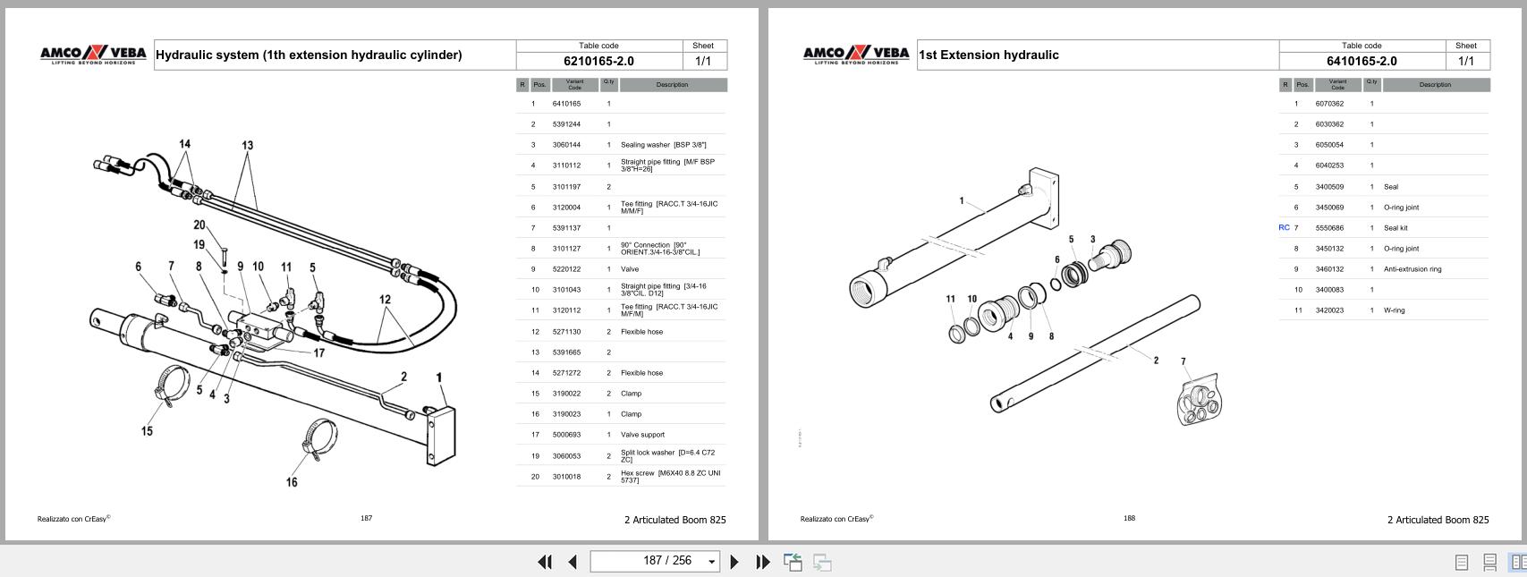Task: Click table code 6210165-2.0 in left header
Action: coord(598,61)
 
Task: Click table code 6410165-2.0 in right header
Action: coord(1362,61)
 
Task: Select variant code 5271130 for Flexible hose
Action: coord(566,332)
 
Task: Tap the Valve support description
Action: coord(642,435)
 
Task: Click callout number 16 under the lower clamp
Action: coord(292,482)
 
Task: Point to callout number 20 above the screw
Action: coord(199,225)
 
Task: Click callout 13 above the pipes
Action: coord(247,145)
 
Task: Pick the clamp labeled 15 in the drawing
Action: coord(174,384)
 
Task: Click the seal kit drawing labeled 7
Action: coord(1198,400)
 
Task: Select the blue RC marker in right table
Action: coord(1284,227)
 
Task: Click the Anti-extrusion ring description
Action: coord(1412,269)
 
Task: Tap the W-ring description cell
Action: coord(1394,310)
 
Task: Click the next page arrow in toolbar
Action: coord(734,562)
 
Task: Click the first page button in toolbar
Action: coord(544,562)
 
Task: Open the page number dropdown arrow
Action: coord(712,562)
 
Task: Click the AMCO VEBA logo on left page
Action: coord(93,55)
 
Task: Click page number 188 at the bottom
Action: coord(1129,518)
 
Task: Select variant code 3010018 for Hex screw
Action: coord(566,477)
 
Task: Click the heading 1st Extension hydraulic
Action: coord(988,55)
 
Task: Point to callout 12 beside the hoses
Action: coord(385,300)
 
